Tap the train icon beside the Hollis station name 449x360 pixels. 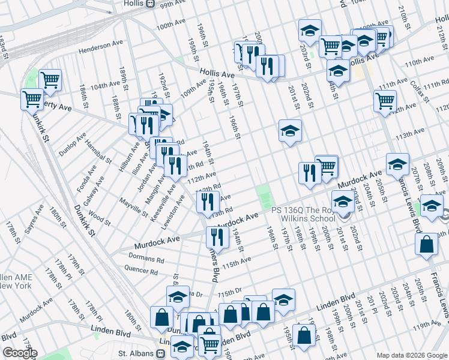[x=151, y=4]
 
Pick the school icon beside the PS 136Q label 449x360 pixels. [x=343, y=202]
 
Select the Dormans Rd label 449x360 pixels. [x=146, y=258]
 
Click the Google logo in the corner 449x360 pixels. [x=19, y=353]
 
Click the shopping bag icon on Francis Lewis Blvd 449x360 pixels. [x=426, y=244]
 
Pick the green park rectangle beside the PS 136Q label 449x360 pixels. [x=264, y=196]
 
